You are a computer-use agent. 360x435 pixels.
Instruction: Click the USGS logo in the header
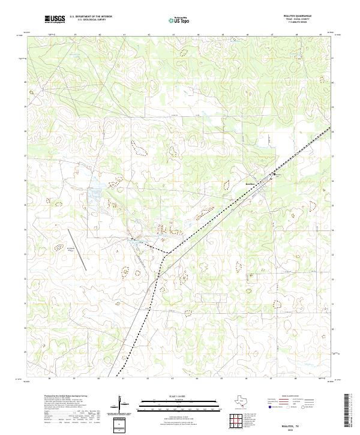(55, 19)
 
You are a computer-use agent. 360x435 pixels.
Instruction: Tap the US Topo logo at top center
(180, 20)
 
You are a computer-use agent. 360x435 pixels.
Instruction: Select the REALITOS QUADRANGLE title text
(299, 15)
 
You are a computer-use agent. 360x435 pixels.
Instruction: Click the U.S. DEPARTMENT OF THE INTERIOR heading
(91, 16)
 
